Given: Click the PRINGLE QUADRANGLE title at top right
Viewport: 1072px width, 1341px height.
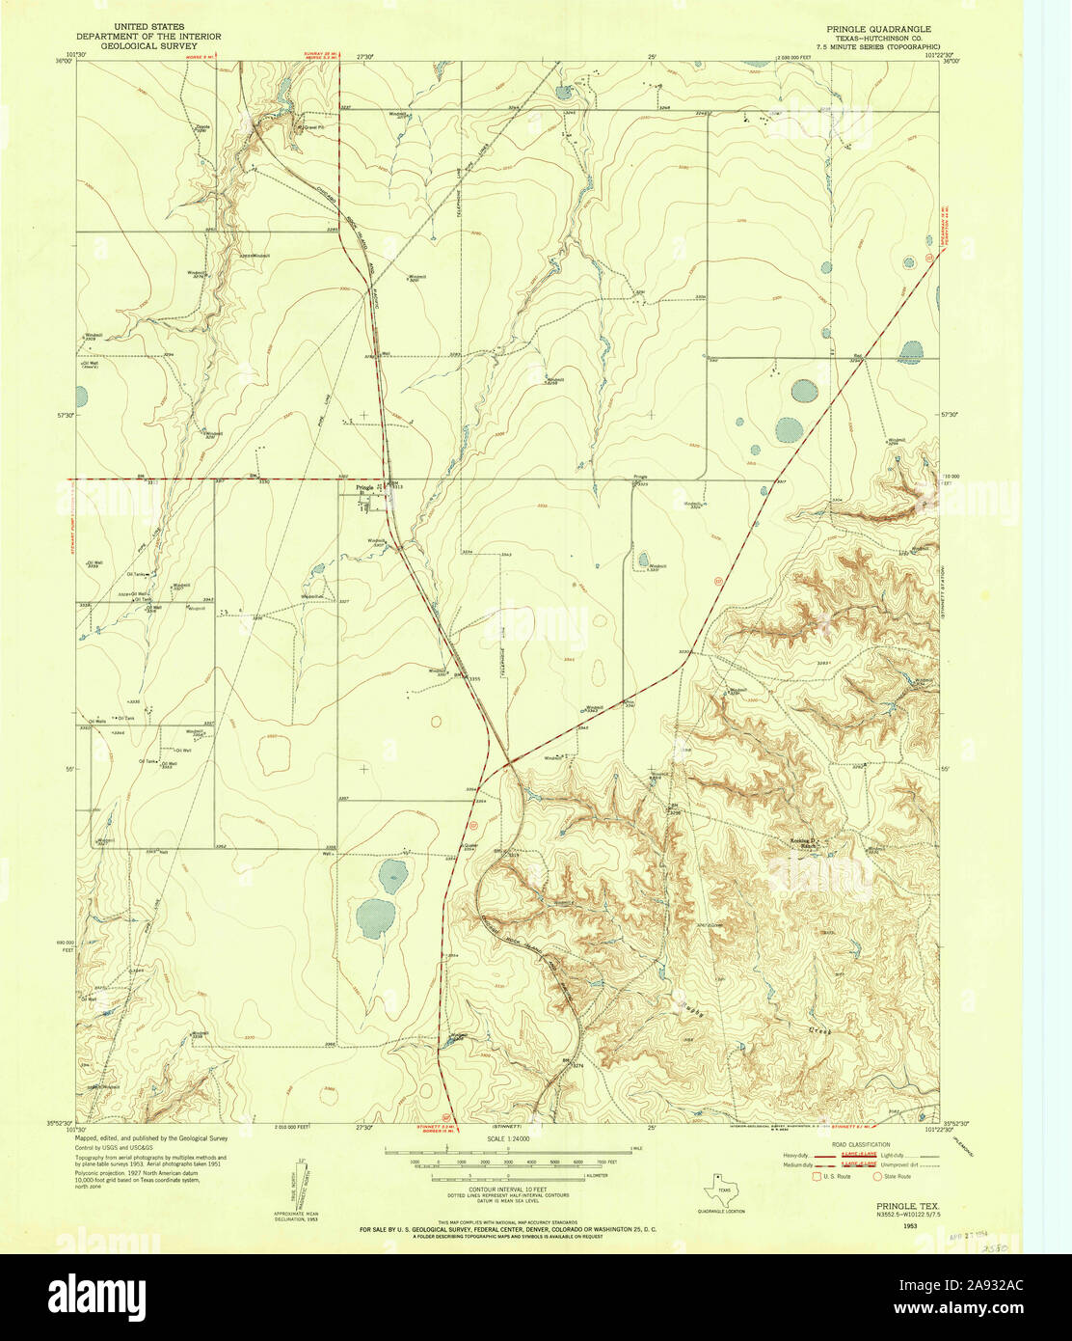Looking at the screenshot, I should (x=873, y=29).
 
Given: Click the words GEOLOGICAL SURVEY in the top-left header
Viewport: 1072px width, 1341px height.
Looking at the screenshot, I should (x=148, y=45).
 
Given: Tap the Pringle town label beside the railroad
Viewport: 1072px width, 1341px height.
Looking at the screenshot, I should (x=364, y=487).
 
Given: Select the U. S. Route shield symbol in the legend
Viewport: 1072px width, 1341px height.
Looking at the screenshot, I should (x=816, y=1176).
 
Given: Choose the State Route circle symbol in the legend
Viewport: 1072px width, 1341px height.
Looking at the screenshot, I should (x=878, y=1176).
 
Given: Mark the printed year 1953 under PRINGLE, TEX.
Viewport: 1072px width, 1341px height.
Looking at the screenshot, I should (x=910, y=1224).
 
